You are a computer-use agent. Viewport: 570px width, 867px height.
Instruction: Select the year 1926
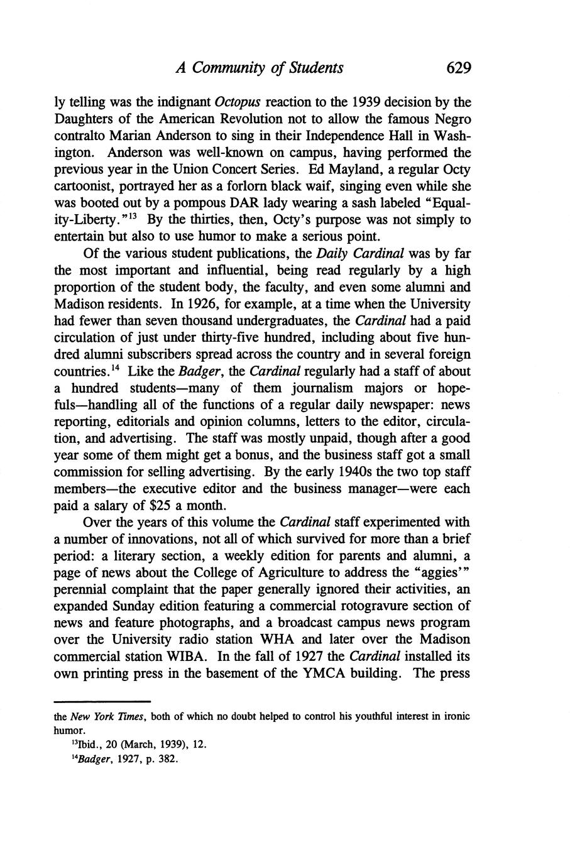click(207, 304)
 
